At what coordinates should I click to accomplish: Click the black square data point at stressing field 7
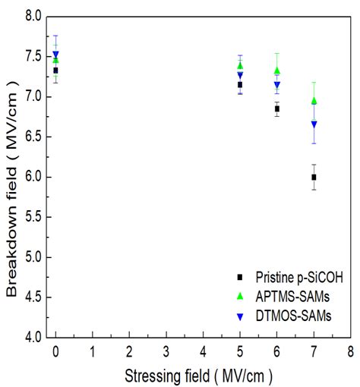point(314,177)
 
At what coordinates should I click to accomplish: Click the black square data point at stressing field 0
point(55,70)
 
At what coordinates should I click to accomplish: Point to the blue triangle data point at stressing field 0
point(55,55)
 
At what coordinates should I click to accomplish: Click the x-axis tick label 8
point(350,351)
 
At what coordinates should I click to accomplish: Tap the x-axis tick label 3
point(166,351)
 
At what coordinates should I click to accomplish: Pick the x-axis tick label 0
point(55,351)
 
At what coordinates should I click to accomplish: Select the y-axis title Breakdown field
point(11,176)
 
